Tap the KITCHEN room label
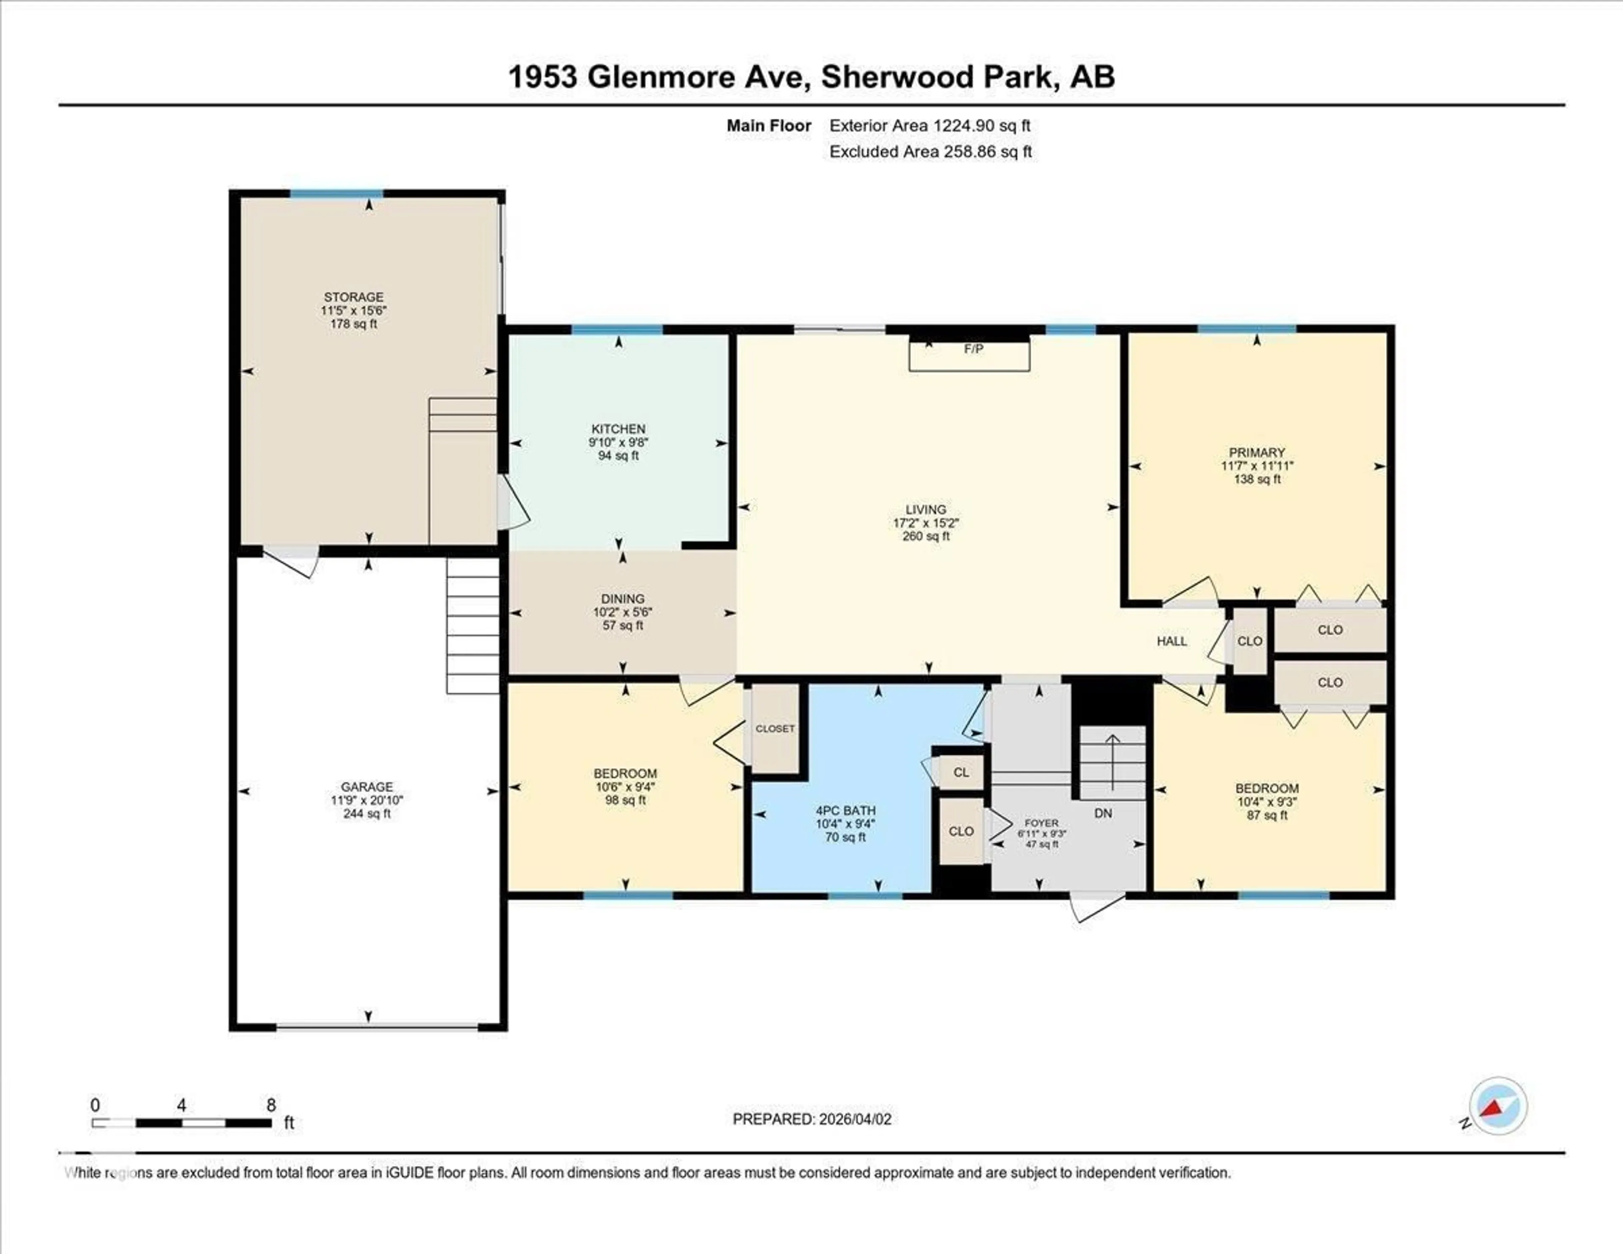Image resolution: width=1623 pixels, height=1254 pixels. pos(618,429)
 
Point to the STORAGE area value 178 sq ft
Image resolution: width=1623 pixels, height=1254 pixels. pos(354,324)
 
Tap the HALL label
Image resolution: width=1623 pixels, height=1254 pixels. pos(1172,641)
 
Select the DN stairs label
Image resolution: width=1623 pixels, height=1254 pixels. pos(1103,813)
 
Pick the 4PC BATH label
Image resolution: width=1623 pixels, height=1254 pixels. pos(846,810)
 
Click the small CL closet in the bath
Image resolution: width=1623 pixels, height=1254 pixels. pos(961,772)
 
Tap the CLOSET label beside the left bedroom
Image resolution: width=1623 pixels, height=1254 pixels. pos(775,728)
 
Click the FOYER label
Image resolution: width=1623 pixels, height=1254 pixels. pos(1041,823)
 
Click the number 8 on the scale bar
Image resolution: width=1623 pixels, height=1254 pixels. pos(271,1105)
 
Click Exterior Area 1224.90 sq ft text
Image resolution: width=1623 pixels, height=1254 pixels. pos(930,126)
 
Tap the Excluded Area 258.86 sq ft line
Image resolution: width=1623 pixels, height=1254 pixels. pos(930,152)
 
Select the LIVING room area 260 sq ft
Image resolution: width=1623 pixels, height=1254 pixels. pos(926,536)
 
